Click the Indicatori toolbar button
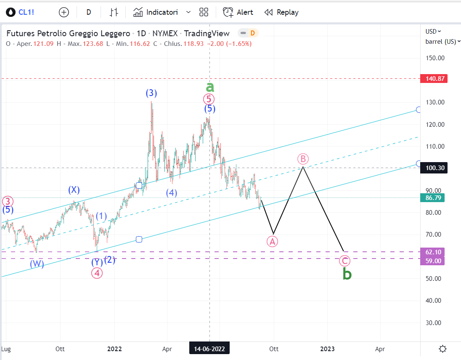(156, 12)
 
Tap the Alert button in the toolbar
(238, 12)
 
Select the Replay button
(281, 12)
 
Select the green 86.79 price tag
(433, 197)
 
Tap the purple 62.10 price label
(433, 252)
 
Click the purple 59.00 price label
(433, 261)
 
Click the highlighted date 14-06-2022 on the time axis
(209, 349)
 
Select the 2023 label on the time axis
(328, 349)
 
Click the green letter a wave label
(210, 87)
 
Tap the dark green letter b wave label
(347, 274)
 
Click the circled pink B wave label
(303, 159)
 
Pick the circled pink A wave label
(273, 241)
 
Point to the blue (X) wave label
(74, 190)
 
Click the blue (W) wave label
(37, 264)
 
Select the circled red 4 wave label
(97, 272)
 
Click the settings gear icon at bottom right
(442, 349)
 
